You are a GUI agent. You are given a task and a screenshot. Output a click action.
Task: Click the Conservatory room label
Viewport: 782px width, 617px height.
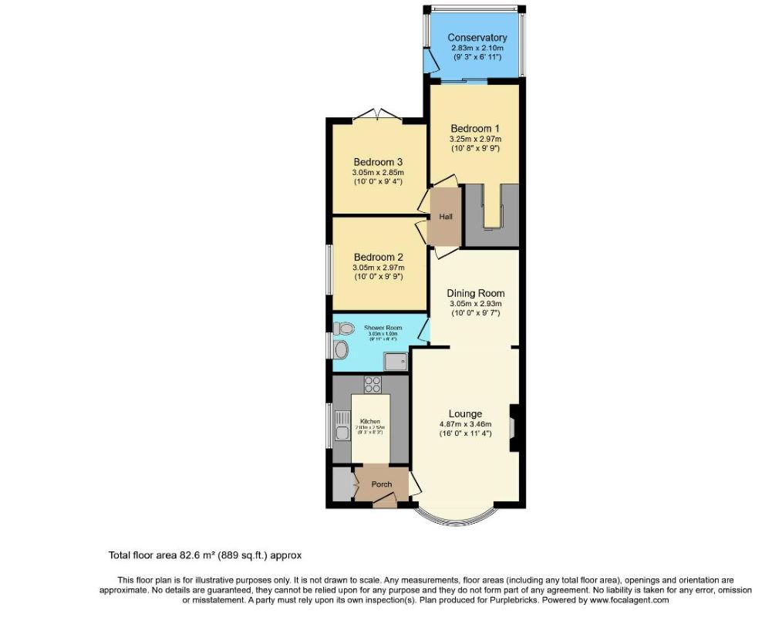477,38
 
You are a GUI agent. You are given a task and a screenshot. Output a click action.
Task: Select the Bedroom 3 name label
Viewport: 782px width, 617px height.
378,162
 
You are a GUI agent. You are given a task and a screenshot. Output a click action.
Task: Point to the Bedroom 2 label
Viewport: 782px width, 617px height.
378,257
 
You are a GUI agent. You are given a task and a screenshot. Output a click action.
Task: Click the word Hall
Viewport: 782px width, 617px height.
446,217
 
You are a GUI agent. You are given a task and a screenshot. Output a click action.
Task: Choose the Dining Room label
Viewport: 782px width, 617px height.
476,293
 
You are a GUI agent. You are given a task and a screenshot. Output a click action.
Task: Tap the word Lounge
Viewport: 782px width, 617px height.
465,413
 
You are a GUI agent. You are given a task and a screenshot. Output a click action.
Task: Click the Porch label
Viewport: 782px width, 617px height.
382,484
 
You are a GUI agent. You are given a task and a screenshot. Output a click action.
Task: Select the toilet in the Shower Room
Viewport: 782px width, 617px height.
342,328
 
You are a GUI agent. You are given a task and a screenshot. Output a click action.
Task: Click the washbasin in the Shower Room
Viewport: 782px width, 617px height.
342,350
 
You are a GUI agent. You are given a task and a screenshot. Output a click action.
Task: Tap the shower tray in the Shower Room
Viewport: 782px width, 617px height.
396,359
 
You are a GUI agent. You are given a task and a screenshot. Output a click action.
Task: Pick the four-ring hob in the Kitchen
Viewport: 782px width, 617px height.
371,383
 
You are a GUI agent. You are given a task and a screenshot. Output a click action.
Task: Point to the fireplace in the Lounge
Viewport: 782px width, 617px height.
514,426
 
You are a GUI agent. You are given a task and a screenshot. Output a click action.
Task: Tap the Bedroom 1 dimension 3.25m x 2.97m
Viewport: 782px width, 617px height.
475,139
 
